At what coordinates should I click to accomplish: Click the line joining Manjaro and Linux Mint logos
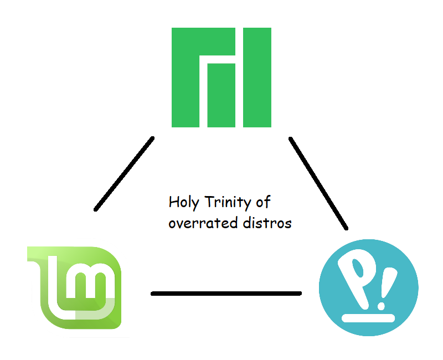click(124, 174)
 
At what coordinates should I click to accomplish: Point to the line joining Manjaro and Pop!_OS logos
click(318, 183)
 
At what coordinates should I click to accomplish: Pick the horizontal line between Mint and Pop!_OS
click(226, 293)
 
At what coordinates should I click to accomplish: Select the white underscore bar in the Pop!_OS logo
click(368, 318)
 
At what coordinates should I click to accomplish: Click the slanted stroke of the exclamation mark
click(387, 282)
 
